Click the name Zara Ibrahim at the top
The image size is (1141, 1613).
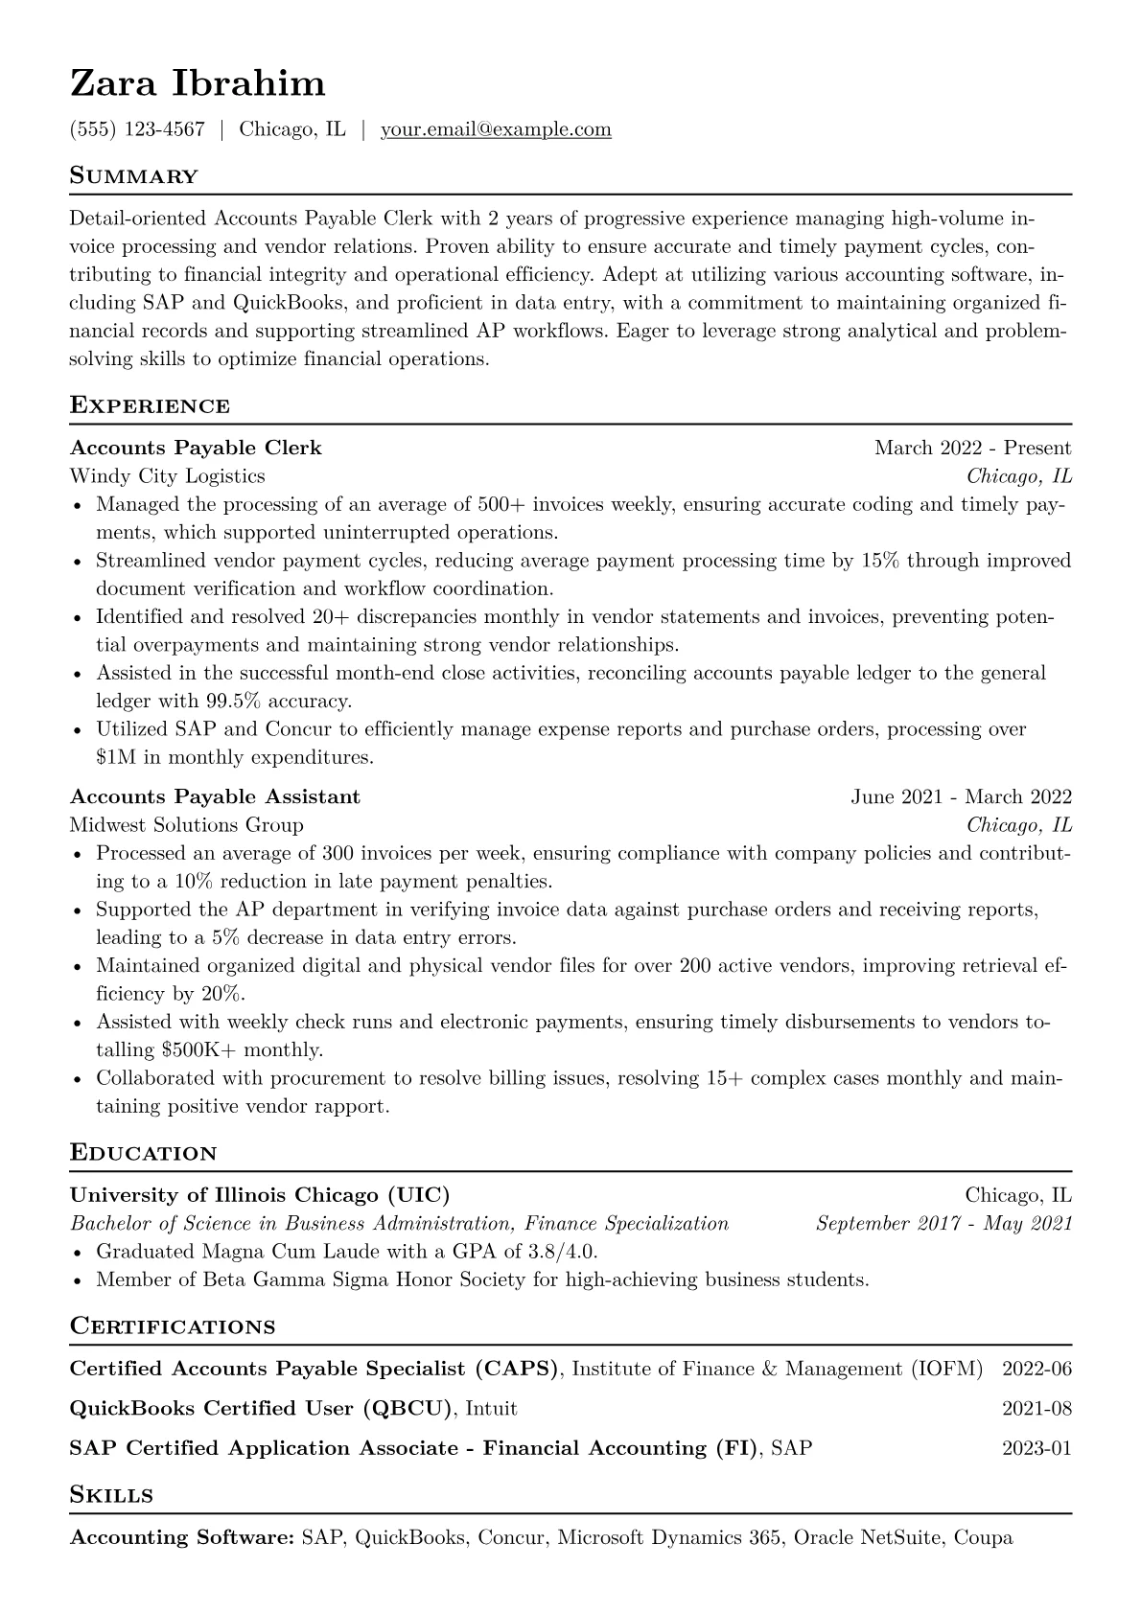[198, 84]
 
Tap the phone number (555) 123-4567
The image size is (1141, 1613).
[137, 129]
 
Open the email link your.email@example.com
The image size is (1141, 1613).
[496, 129]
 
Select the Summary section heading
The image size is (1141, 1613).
[134, 176]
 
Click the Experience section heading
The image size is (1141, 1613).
[150, 405]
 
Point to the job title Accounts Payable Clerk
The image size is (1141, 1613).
[196, 448]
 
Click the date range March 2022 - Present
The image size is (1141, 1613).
[972, 448]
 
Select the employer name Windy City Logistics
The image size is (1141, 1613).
[168, 476]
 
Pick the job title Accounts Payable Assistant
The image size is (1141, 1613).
[215, 796]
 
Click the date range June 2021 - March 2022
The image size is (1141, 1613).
[961, 796]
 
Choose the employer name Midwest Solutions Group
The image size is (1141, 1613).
[187, 825]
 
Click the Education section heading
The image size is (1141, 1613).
[144, 1153]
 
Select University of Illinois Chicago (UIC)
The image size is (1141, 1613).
[260, 1195]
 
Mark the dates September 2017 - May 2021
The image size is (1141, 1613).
[943, 1224]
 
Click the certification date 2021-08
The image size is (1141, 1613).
[1036, 1409]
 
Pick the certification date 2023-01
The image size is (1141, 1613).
[1036, 1448]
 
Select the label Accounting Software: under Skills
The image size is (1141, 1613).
[182, 1538]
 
